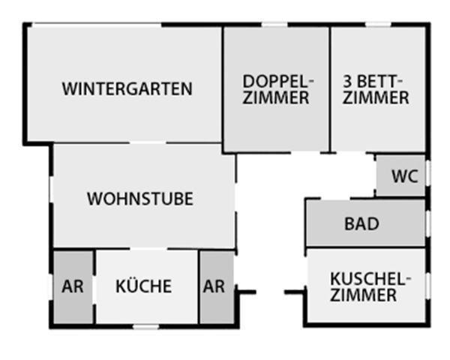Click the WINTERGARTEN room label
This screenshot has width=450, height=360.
pyautogui.click(x=127, y=88)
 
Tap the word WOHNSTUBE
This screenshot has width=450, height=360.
pyautogui.click(x=140, y=199)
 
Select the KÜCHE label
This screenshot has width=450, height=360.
pyautogui.click(x=143, y=286)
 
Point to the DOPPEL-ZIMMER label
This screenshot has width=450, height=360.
pyautogui.click(x=277, y=89)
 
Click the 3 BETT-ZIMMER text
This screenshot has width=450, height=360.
pyautogui.click(x=376, y=89)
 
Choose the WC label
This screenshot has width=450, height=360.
pyautogui.click(x=404, y=177)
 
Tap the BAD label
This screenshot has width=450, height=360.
pyautogui.click(x=361, y=224)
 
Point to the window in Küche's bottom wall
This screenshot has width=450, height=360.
pyautogui.click(x=145, y=326)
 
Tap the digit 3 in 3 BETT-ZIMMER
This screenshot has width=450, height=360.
pyautogui.click(x=347, y=81)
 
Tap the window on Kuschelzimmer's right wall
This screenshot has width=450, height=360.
pyautogui.click(x=427, y=283)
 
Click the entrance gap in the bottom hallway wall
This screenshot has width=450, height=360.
pyautogui.click(x=270, y=292)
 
